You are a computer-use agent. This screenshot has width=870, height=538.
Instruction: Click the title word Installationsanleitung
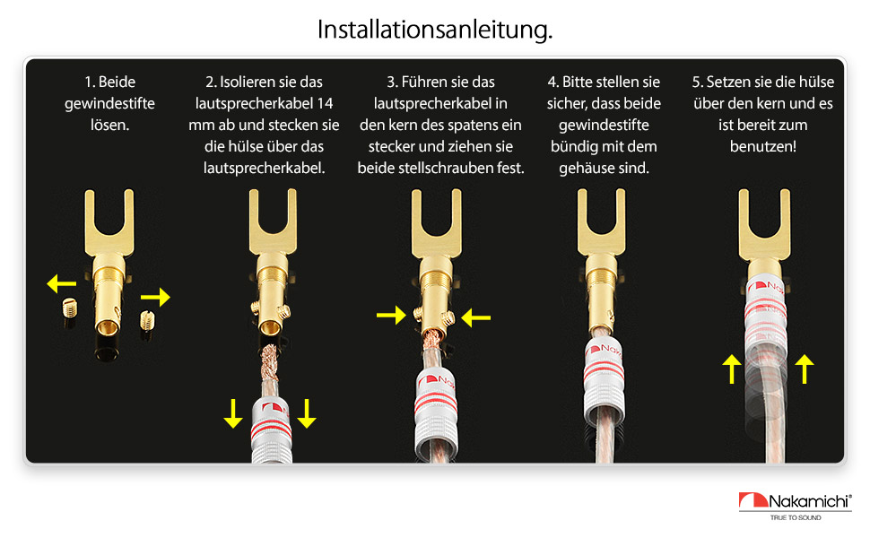point(434,30)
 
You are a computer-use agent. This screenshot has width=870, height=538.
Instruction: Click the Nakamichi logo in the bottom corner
point(795,501)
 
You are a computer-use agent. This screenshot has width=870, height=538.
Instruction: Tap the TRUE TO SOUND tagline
point(795,517)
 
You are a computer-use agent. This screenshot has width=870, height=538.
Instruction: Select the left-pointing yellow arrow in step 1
point(62,283)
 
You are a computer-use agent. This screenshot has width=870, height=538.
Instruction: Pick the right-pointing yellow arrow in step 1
point(155,298)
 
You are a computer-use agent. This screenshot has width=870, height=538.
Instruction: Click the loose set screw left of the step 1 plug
point(69,308)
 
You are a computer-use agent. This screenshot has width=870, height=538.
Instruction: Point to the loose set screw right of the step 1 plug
point(147,320)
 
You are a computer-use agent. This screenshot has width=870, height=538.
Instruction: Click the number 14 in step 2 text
point(326,104)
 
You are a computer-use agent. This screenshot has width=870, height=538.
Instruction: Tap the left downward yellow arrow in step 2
point(233,413)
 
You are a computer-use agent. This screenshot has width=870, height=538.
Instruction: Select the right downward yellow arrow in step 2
point(307,413)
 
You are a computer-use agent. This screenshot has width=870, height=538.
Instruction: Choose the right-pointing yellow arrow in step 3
point(391,315)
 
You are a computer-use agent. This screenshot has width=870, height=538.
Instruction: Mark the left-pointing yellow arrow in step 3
point(476,317)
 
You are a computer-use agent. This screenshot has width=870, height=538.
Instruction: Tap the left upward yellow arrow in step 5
point(732,369)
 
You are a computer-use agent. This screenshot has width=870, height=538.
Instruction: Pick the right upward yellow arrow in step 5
point(805,369)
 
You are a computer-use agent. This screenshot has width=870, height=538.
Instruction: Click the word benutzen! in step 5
point(763,146)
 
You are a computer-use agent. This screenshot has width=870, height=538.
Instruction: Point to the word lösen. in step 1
point(109,125)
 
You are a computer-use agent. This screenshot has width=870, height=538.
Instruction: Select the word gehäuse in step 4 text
point(586,168)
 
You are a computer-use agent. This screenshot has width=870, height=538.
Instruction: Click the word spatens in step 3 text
point(471,126)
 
